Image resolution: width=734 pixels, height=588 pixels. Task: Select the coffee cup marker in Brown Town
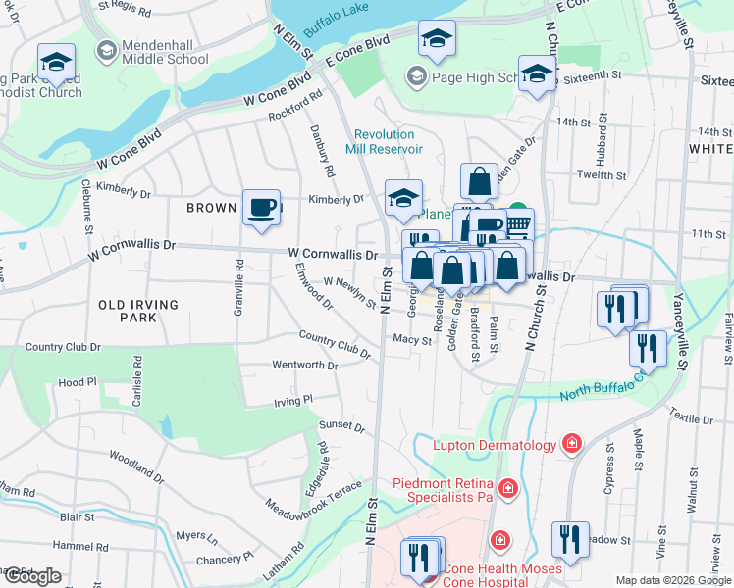click(261, 209)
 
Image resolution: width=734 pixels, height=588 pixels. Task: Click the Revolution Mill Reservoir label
click(389, 141)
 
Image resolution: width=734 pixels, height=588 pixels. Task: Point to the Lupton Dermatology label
click(495, 446)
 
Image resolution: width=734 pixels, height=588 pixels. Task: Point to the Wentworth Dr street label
click(304, 366)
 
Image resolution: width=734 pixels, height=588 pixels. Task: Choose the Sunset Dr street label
click(341, 426)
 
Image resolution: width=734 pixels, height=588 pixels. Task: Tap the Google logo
click(32, 576)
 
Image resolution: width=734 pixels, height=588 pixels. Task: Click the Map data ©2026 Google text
click(672, 580)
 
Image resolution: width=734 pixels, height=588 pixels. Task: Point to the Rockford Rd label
click(296, 107)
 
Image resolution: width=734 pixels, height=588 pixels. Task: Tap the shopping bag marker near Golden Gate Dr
click(478, 182)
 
